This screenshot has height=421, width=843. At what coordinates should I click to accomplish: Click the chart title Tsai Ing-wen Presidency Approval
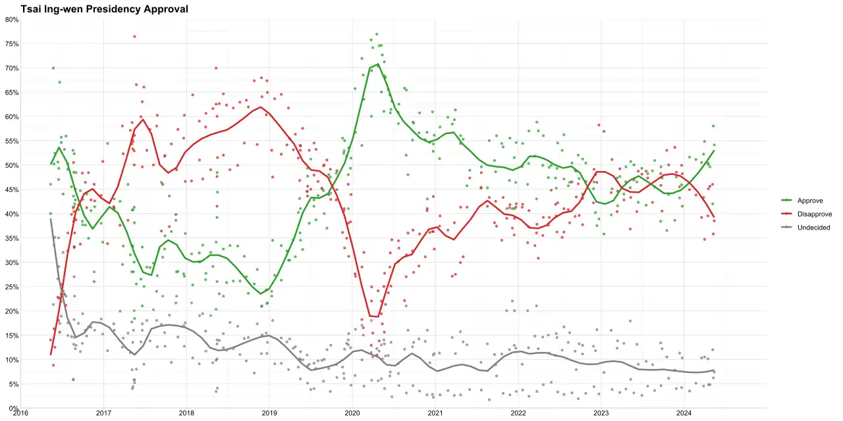pyautogui.click(x=104, y=9)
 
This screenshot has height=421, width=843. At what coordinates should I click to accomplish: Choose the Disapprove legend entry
pyautogui.click(x=807, y=214)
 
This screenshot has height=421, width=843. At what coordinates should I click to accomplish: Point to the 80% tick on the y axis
pyautogui.click(x=12, y=20)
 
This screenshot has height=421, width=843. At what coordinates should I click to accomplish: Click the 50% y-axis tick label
pyautogui.click(x=12, y=165)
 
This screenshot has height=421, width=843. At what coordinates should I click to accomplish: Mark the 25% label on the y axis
pyautogui.click(x=12, y=287)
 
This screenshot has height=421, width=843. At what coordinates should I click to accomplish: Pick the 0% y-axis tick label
pyautogui.click(x=14, y=409)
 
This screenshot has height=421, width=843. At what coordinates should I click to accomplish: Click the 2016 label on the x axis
pyautogui.click(x=20, y=414)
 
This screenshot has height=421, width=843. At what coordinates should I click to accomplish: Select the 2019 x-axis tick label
pyautogui.click(x=269, y=414)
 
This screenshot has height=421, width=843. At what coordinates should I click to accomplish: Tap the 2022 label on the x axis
pyautogui.click(x=518, y=414)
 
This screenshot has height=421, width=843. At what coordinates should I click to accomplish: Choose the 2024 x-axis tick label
pyautogui.click(x=684, y=414)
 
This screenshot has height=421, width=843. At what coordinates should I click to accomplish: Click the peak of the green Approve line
pyautogui.click(x=378, y=64)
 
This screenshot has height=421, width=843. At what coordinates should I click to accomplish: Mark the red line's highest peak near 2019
pyautogui.click(x=260, y=107)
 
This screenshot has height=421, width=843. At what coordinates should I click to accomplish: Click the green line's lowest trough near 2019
pyautogui.click(x=260, y=293)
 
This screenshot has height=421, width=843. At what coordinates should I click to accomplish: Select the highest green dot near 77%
pyautogui.click(x=377, y=34)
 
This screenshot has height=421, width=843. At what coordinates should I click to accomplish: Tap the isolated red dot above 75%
pyautogui.click(x=134, y=36)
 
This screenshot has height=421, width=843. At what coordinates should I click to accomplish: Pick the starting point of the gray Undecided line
pyautogui.click(x=51, y=219)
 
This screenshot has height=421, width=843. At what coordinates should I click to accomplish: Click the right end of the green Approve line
pyautogui.click(x=714, y=151)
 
